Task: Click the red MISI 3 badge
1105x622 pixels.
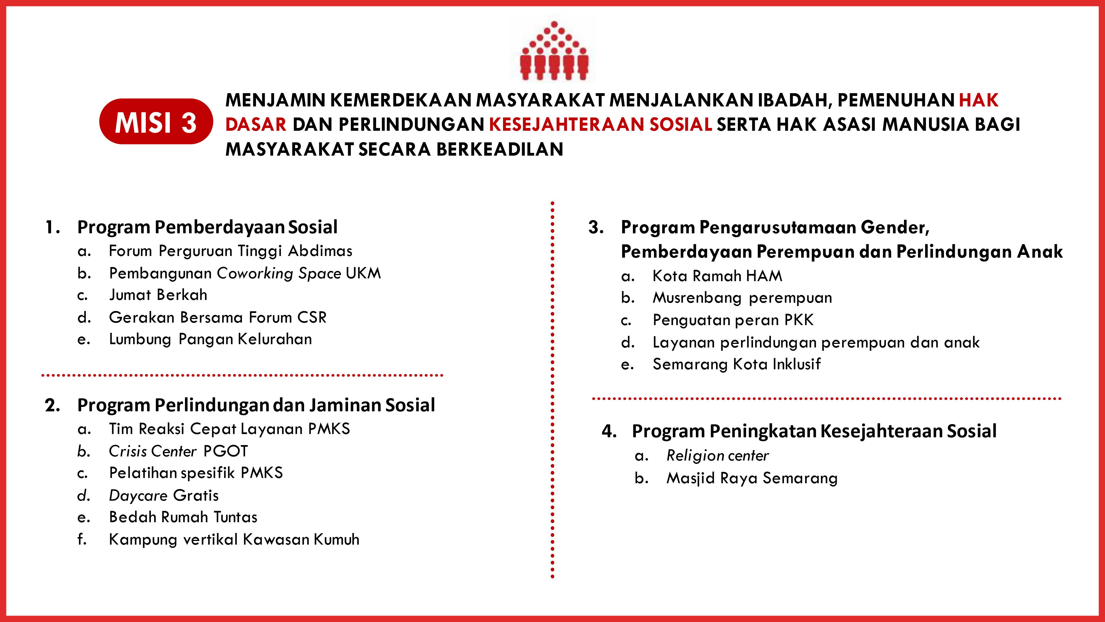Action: click(x=156, y=122)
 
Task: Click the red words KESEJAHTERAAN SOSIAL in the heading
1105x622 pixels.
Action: click(x=601, y=124)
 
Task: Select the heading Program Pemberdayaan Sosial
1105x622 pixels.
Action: click(x=207, y=227)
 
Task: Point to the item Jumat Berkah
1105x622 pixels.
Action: click(x=158, y=295)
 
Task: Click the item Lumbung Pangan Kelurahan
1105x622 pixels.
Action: click(x=210, y=339)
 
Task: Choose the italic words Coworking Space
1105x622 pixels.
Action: click(x=279, y=273)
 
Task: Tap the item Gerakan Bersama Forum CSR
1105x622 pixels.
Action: click(x=217, y=317)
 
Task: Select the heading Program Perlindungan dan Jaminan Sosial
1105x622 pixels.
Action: click(x=256, y=405)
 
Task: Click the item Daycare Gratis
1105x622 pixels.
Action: click(x=164, y=495)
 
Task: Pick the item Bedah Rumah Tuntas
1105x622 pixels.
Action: click(x=183, y=517)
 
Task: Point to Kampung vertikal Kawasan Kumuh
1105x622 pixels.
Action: click(x=234, y=539)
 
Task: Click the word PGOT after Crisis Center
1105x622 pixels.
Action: click(x=226, y=451)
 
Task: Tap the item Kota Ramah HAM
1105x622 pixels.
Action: click(x=717, y=276)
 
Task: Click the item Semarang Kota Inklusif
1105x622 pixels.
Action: click(x=736, y=364)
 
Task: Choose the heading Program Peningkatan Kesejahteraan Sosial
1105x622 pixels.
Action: click(x=814, y=431)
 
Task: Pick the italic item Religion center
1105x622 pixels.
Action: click(x=717, y=456)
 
